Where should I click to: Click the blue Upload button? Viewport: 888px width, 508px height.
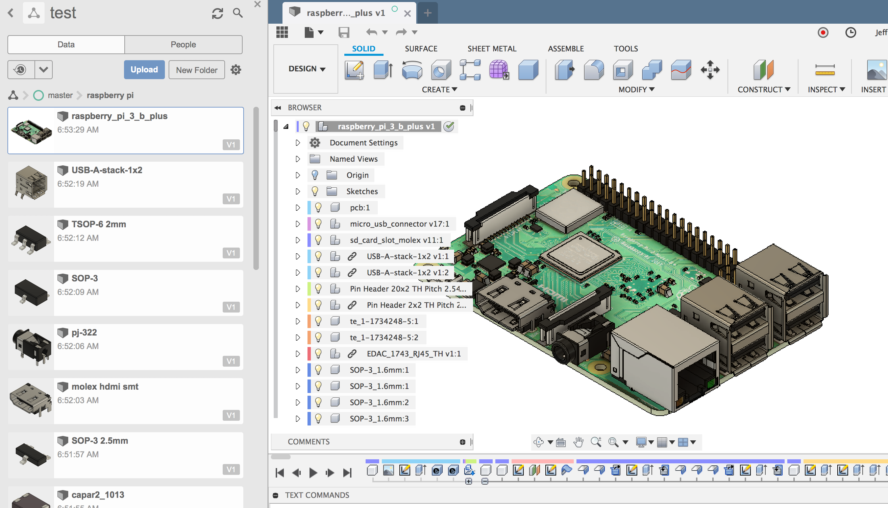click(x=144, y=69)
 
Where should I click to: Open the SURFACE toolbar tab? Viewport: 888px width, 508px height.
click(x=421, y=48)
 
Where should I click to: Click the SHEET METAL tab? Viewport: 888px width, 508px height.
click(x=491, y=48)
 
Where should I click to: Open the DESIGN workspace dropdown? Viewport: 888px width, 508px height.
click(x=306, y=69)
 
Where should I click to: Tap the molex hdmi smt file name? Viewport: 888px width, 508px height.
click(x=104, y=386)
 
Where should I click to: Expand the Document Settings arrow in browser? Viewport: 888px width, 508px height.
click(x=298, y=143)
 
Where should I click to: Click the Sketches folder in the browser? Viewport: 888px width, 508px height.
click(x=362, y=191)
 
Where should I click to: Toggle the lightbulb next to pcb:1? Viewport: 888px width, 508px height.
click(x=318, y=208)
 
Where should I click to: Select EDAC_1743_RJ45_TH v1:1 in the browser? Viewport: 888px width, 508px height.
click(x=413, y=353)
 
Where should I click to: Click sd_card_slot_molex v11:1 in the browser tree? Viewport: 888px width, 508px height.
click(x=396, y=240)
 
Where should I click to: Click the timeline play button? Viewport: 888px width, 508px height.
click(x=313, y=473)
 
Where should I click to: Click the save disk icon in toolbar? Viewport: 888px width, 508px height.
click(x=344, y=32)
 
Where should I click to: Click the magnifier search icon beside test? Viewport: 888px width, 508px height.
click(x=238, y=13)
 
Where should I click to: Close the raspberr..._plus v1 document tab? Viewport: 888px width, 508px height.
click(x=407, y=14)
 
